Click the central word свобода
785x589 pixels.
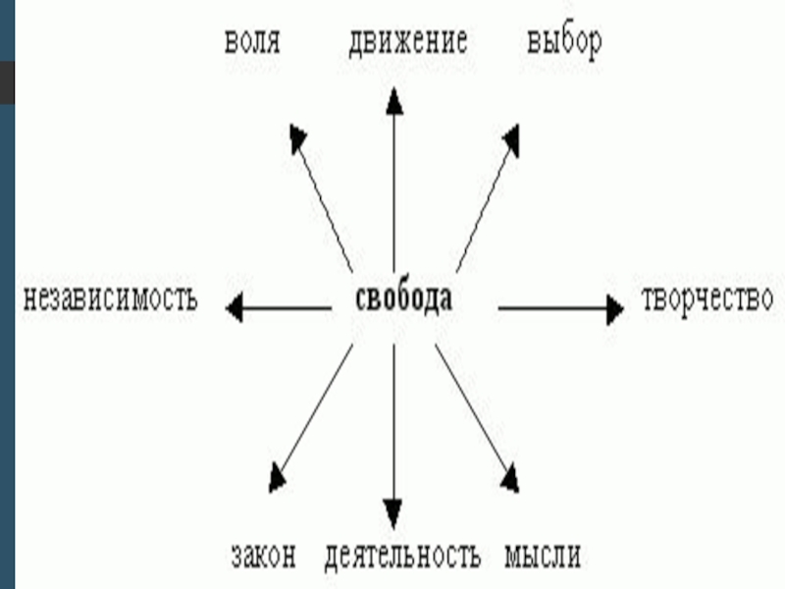(402, 298)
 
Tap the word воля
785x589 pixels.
(252, 43)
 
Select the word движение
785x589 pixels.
(407, 43)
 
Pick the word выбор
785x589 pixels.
(563, 43)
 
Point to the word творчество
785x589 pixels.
(706, 299)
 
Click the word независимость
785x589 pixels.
(110, 297)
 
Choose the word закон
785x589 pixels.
(263, 557)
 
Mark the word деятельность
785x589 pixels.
(402, 557)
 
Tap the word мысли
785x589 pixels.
(543, 557)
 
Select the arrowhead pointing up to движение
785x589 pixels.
(394, 100)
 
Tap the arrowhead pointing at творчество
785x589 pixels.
(613, 309)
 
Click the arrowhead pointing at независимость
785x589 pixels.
(235, 309)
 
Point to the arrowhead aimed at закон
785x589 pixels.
(278, 477)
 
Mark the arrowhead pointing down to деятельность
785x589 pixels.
(393, 512)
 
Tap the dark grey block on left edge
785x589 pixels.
(7, 82)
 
